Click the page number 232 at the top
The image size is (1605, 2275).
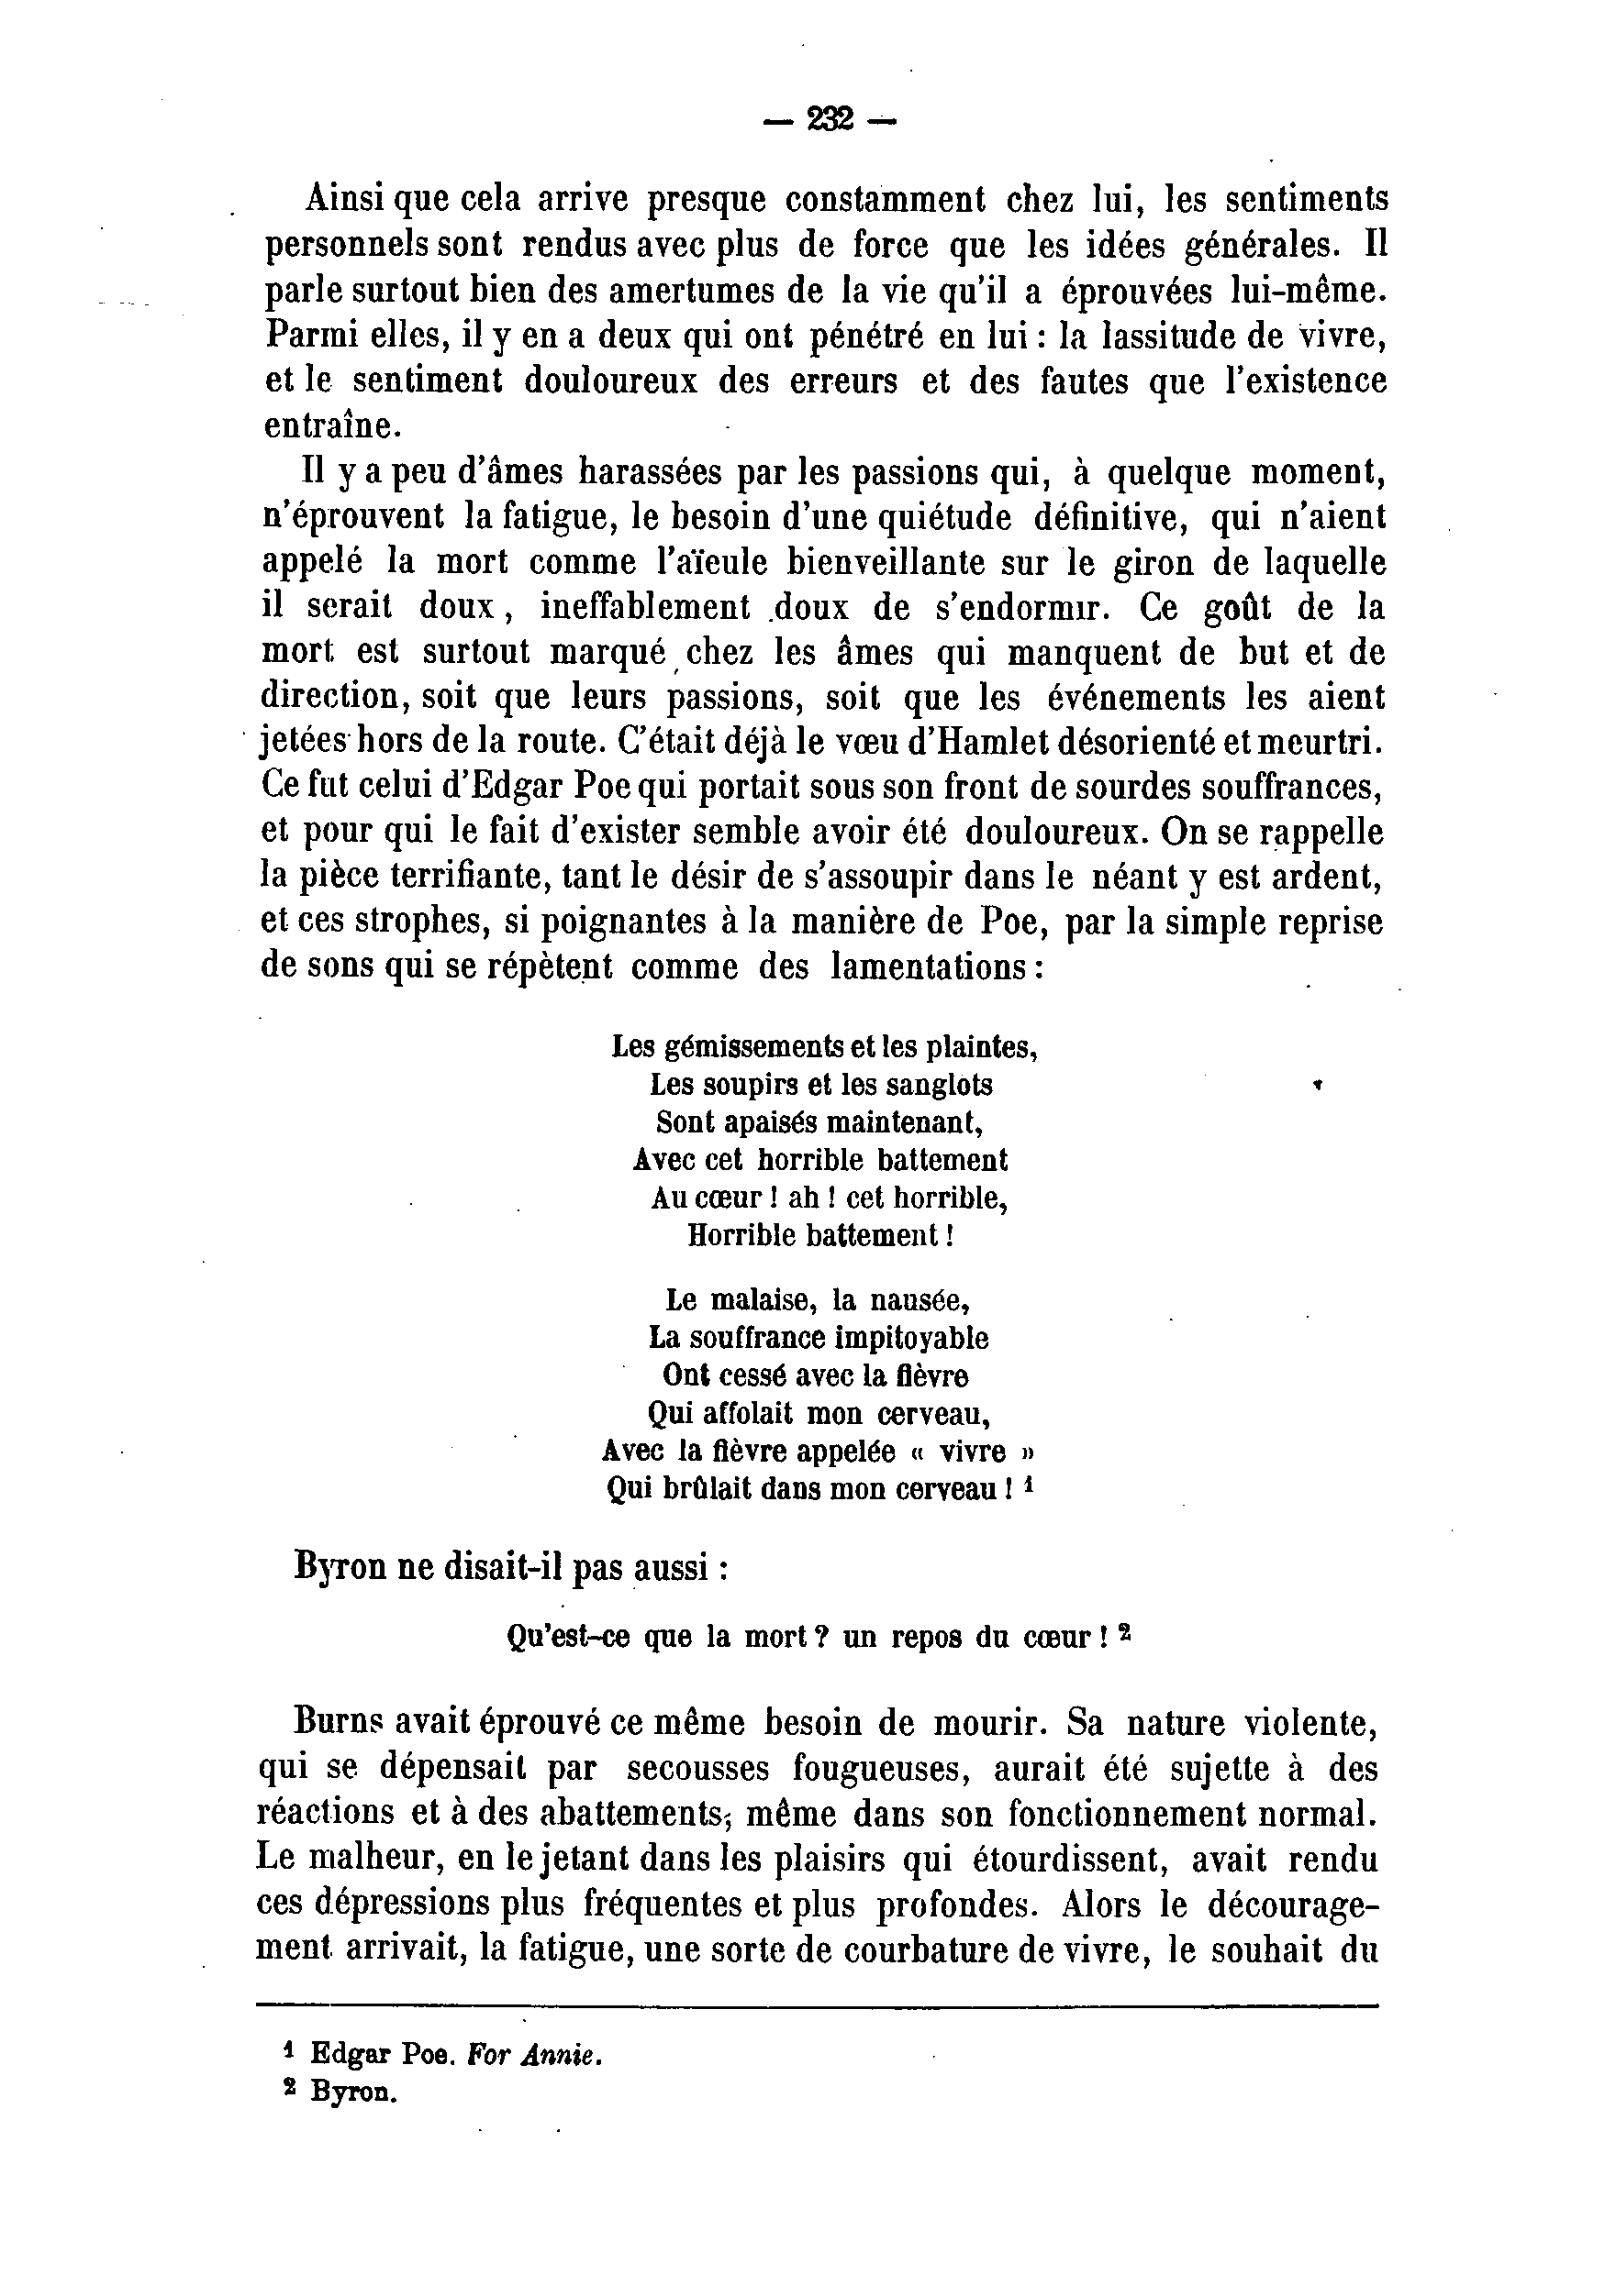830,120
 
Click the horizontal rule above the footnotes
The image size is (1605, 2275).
817,2006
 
